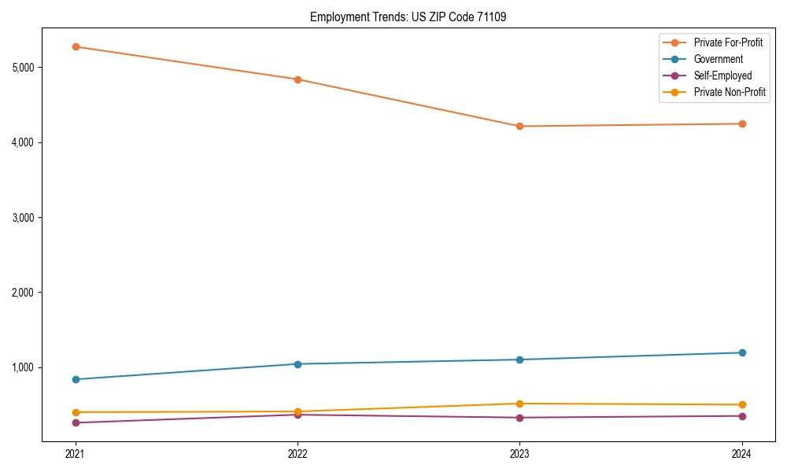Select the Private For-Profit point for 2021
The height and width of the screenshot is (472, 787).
tap(76, 46)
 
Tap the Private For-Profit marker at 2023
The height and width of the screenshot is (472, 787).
tap(519, 126)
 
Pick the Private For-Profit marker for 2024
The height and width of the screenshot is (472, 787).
tap(741, 124)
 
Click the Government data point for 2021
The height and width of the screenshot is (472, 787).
tap(76, 379)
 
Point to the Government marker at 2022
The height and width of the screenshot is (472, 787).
tap(297, 364)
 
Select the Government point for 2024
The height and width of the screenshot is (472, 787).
tap(741, 352)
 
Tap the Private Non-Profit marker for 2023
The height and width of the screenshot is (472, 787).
tap(519, 404)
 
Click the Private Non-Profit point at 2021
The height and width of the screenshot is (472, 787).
tap(76, 412)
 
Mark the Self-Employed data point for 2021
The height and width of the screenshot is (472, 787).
tap(76, 422)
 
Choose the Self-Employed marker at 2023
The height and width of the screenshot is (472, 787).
tap(519, 418)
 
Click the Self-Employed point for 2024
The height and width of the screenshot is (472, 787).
tap(741, 416)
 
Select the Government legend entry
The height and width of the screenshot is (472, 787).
tap(718, 59)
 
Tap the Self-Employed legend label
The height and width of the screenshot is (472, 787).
tap(722, 76)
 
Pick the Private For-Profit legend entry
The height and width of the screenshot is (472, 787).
tap(728, 42)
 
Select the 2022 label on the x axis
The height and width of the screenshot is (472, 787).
tap(297, 453)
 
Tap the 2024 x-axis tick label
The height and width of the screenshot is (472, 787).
tap(741, 453)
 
